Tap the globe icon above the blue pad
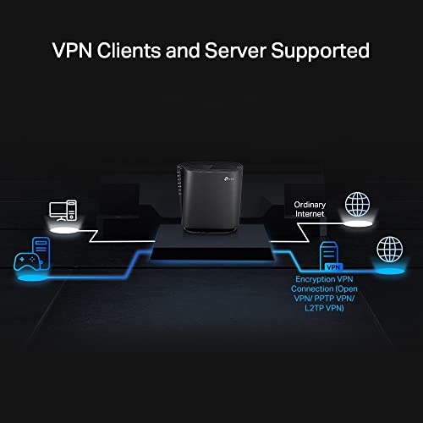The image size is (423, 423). point(391,249)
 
